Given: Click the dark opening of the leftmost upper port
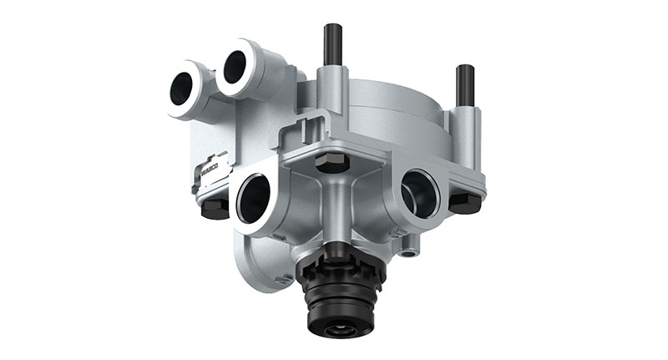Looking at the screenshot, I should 181,89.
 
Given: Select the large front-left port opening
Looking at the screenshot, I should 253,199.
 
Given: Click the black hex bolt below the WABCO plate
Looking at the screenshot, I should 215,208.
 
